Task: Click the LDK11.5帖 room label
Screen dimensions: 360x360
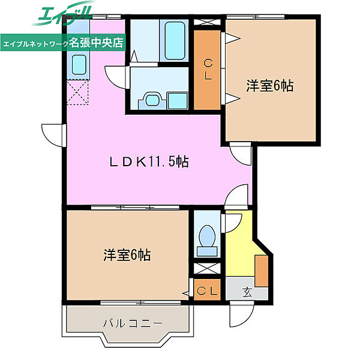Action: click(149, 162)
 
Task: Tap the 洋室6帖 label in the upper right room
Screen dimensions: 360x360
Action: click(270, 86)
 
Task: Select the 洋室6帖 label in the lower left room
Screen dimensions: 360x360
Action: click(127, 255)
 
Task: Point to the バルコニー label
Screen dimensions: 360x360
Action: click(133, 323)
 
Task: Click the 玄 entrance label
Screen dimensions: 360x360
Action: click(247, 292)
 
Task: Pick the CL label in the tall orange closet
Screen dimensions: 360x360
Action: click(208, 70)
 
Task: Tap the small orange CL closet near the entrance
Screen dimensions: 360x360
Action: click(207, 290)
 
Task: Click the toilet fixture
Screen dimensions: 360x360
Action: click(207, 241)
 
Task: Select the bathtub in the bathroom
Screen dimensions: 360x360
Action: click(175, 41)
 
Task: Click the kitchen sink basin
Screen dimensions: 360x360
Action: click(79, 65)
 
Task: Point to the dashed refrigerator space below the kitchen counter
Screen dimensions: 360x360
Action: click(77, 92)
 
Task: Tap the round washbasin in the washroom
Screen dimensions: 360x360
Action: click(152, 100)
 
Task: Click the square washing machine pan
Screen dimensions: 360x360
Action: click(177, 101)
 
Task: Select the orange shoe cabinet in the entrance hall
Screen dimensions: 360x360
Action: click(262, 271)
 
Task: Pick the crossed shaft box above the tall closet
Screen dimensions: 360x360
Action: click(207, 22)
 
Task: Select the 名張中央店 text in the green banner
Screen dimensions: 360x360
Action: click(96, 43)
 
